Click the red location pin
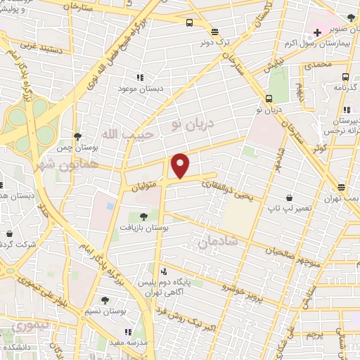[181, 165]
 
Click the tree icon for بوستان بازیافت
[143, 217]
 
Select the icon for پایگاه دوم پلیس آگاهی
[164, 271]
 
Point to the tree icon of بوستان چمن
[77, 136]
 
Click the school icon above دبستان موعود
[140, 76]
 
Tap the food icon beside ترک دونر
[215, 31]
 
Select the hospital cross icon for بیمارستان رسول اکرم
[318, 32]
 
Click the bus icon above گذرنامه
[345, 77]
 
